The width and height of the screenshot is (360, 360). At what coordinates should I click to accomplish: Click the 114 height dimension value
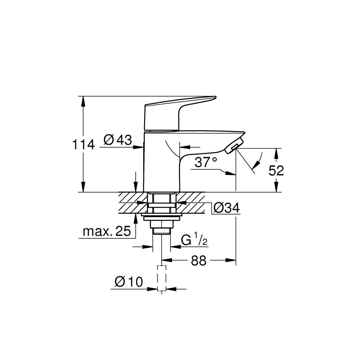pos(83,145)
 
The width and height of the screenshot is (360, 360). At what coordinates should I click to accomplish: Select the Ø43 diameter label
pos(118,140)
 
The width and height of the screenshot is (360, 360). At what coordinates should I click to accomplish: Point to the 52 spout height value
pos(276,171)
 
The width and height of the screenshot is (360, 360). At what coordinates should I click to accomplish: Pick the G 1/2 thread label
pos(194,240)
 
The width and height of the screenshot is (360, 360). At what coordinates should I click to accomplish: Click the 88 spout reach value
pos(198,261)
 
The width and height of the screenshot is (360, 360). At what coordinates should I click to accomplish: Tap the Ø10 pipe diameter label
pos(129,282)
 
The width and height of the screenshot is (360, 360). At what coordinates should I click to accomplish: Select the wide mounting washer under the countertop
pos(162,217)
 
